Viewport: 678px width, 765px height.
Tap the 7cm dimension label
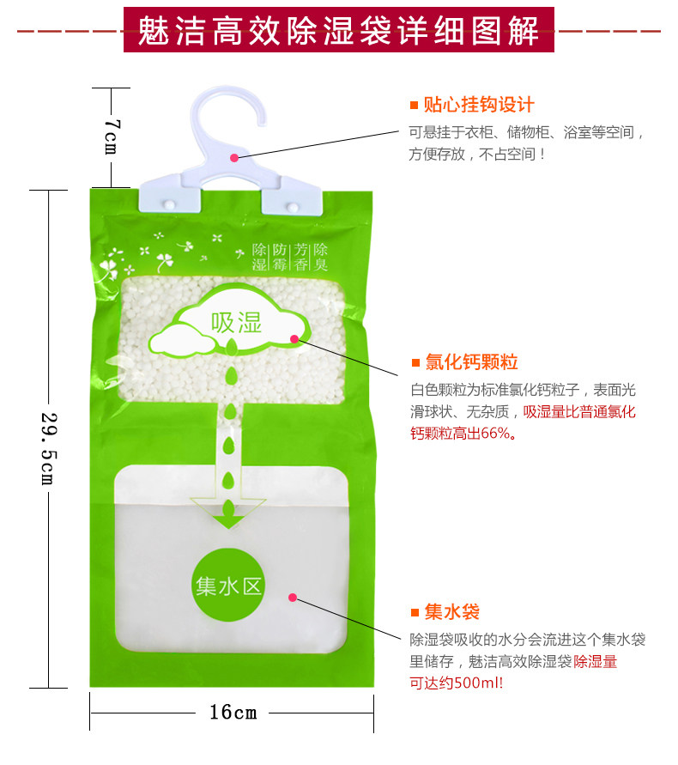click(x=112, y=136)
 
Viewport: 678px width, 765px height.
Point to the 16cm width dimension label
click(x=233, y=712)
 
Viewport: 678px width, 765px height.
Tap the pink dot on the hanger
click(x=234, y=156)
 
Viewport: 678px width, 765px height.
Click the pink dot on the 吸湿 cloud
click(x=294, y=339)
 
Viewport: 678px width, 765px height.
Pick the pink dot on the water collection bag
click(x=293, y=597)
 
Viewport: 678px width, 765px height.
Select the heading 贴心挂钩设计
click(x=479, y=105)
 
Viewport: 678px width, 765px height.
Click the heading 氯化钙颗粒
click(x=471, y=361)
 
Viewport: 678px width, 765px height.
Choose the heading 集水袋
click(x=451, y=611)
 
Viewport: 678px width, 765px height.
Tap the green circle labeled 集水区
click(x=227, y=586)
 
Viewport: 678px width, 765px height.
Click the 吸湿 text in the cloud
click(x=236, y=323)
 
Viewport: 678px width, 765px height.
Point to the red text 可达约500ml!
click(x=457, y=683)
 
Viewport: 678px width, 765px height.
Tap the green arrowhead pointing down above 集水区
click(x=228, y=517)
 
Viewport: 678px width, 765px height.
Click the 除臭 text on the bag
click(x=320, y=257)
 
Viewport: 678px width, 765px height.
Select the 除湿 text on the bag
click(x=259, y=257)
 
